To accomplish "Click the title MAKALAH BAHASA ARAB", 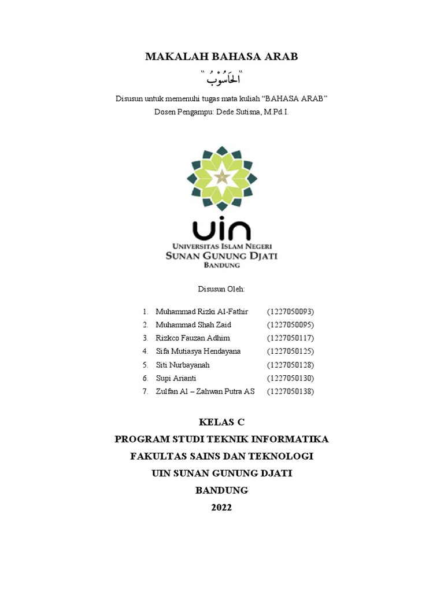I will click(x=221, y=56).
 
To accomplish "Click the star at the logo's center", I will click(x=222, y=177).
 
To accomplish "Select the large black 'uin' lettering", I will click(x=221, y=229).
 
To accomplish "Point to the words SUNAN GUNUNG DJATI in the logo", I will click(x=221, y=256).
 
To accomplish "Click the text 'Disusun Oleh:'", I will click(x=221, y=288).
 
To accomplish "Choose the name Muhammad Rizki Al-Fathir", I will click(x=202, y=312).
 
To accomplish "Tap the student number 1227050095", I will click(x=290, y=325).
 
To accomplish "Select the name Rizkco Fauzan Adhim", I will click(x=193, y=338).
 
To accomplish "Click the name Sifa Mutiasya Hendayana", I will click(x=198, y=351).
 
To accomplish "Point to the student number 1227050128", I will click(x=290, y=365).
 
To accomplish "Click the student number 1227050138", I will click(x=290, y=391).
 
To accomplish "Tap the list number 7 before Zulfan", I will click(x=145, y=391).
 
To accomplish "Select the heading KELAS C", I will click(x=221, y=421).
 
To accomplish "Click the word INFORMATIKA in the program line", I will click(x=291, y=439).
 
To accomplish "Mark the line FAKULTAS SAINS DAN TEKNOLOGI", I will click(x=221, y=456).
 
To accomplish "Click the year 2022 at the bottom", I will click(x=221, y=508).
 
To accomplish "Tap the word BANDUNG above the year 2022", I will click(x=221, y=490).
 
